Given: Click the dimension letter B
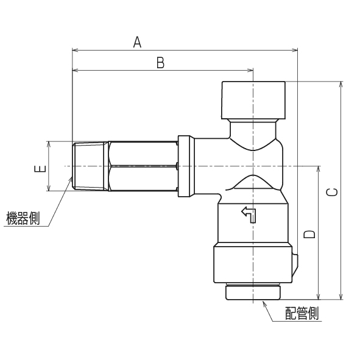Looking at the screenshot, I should [x=160, y=62].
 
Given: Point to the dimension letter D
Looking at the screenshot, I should [x=309, y=234].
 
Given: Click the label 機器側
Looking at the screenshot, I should [x=23, y=219].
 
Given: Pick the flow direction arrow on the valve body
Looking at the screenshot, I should [x=250, y=214].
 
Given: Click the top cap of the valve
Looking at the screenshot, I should [x=252, y=101].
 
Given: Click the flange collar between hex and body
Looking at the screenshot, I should [x=185, y=166].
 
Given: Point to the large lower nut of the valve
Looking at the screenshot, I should [x=252, y=264].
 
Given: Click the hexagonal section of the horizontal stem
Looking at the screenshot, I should [x=142, y=166].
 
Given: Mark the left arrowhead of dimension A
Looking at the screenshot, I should [x=75, y=50].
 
